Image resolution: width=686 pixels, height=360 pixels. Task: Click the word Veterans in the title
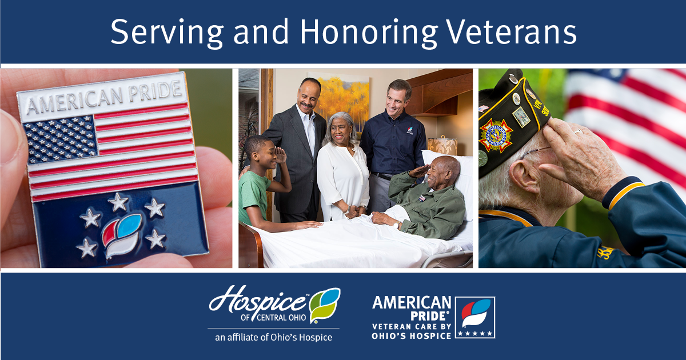512,32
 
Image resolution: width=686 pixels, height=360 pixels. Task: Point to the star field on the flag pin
60,139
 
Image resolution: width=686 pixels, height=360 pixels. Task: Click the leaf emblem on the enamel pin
122,235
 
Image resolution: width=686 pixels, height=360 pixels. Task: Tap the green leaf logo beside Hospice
324,305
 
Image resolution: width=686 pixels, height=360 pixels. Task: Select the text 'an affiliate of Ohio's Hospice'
273,337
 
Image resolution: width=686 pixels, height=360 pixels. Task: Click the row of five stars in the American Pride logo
474,333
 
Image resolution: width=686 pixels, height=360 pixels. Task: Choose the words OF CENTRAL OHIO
273,318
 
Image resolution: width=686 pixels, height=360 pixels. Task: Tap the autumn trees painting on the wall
342,99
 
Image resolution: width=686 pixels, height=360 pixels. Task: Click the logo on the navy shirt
410,131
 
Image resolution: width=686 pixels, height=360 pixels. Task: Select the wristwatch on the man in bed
397,225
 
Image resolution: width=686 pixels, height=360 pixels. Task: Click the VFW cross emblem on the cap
496,135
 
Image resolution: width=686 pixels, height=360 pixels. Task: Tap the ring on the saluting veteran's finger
578,131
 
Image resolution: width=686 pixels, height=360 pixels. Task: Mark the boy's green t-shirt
254,197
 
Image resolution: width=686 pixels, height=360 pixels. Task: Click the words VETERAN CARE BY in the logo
412,327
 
